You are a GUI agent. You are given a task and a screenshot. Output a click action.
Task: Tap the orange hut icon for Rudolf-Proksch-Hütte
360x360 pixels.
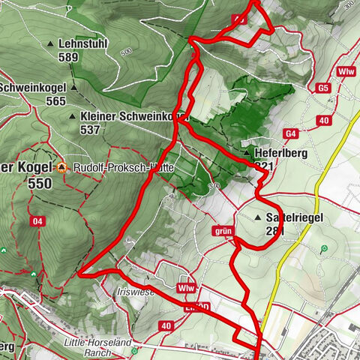[63, 169]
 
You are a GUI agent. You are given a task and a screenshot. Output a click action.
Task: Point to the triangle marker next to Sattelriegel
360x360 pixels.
[259, 217]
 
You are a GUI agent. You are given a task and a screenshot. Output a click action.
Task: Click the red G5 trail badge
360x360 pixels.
[323, 88]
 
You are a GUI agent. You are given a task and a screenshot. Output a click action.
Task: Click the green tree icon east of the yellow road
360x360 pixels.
[323, 248]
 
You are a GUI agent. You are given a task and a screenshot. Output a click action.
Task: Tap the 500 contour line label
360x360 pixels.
[124, 52]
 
